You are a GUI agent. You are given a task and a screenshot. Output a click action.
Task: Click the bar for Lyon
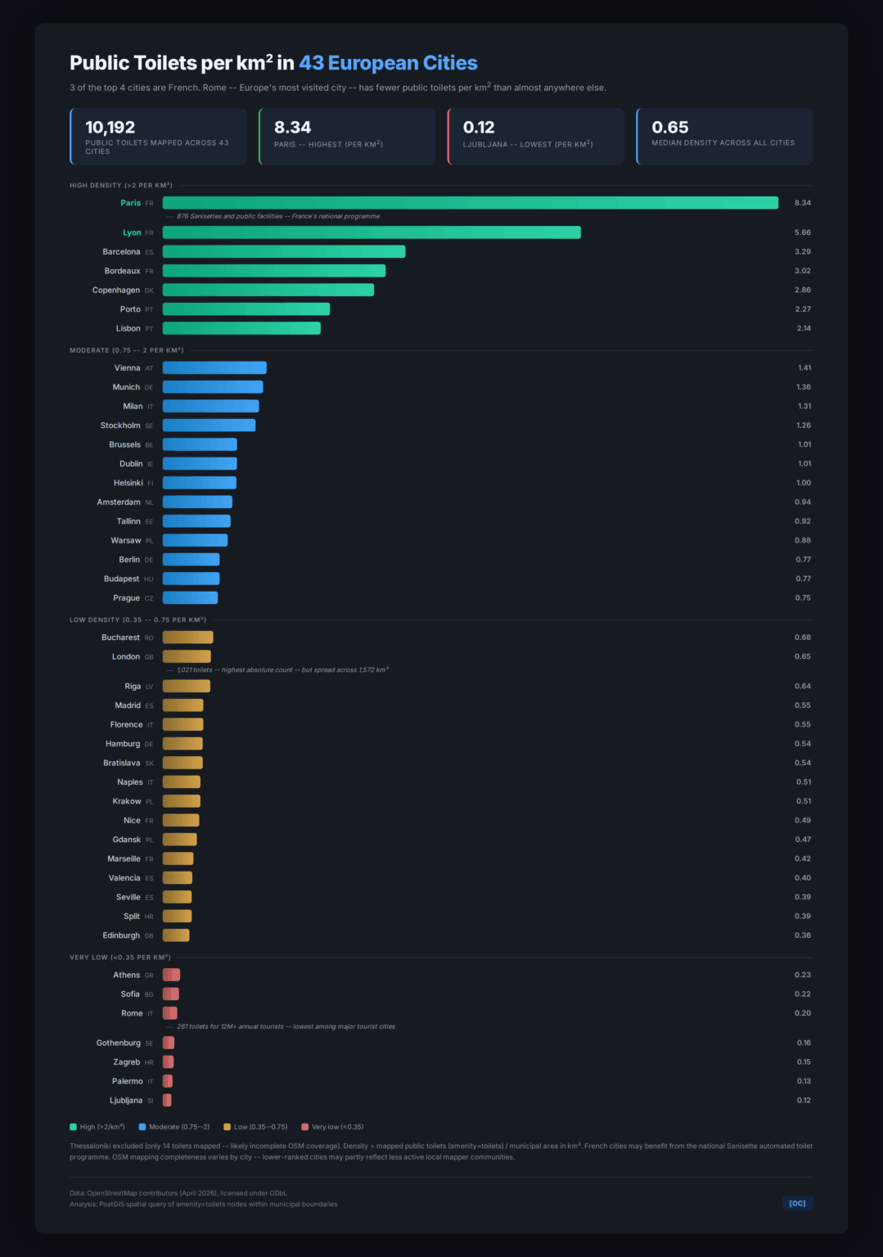pyautogui.click(x=372, y=232)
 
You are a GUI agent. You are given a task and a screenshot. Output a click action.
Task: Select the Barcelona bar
pyautogui.click(x=284, y=252)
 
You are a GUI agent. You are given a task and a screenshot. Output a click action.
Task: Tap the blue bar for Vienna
pyautogui.click(x=214, y=368)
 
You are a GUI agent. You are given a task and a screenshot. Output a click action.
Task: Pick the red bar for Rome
pyautogui.click(x=170, y=1013)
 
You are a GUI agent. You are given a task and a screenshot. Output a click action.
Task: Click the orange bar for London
pyautogui.click(x=187, y=656)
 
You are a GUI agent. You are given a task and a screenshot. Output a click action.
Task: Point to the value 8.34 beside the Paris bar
pyautogui.click(x=802, y=203)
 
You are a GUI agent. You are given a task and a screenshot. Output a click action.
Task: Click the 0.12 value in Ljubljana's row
pyautogui.click(x=804, y=1101)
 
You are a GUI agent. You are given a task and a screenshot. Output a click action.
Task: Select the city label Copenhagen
pyautogui.click(x=116, y=291)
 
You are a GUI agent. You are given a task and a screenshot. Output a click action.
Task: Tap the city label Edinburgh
pyautogui.click(x=121, y=935)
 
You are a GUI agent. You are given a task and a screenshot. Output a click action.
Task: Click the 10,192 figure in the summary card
pyautogui.click(x=110, y=128)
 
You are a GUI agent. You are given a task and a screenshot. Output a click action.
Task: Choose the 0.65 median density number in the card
pyautogui.click(x=669, y=128)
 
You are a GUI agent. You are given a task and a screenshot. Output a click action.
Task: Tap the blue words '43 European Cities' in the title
pyautogui.click(x=388, y=63)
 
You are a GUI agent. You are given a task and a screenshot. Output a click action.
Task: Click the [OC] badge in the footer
pyautogui.click(x=797, y=1203)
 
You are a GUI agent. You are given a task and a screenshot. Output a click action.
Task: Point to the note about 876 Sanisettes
pyautogui.click(x=278, y=217)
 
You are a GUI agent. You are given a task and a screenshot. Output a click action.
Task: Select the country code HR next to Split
pyautogui.click(x=149, y=917)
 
